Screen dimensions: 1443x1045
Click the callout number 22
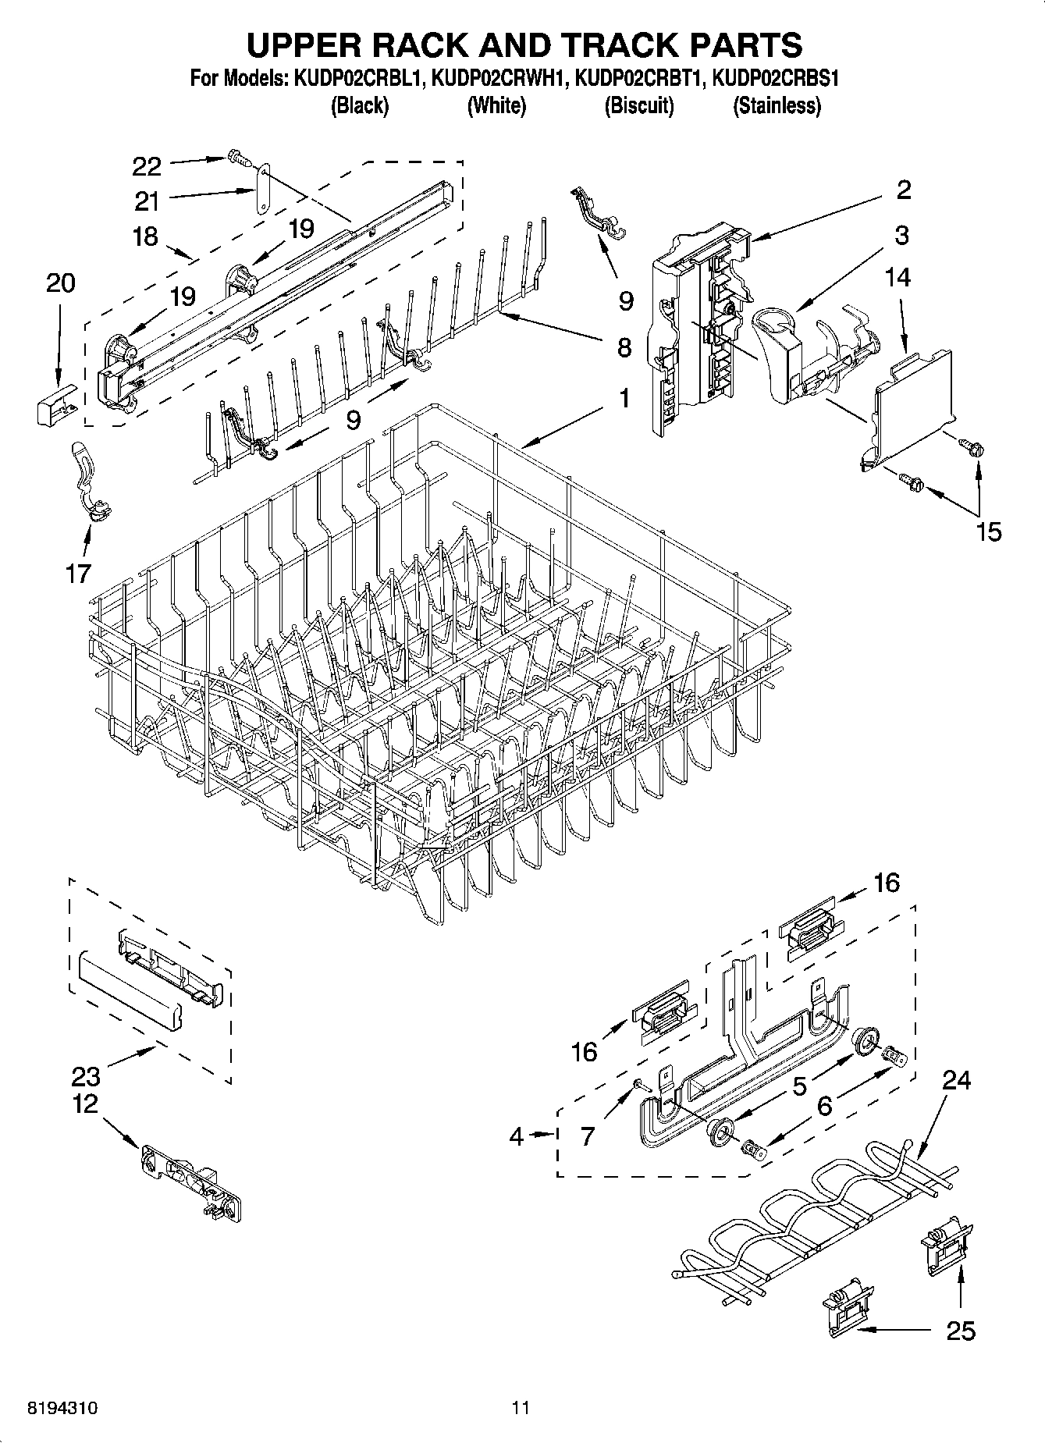point(147,166)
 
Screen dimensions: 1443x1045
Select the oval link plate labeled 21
point(263,188)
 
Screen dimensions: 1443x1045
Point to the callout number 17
point(78,574)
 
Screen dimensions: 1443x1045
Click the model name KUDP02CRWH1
point(496,78)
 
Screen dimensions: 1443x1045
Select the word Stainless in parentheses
point(777,106)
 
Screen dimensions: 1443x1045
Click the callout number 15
point(988,532)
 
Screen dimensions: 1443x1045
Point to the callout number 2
point(904,190)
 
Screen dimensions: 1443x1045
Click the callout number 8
point(624,347)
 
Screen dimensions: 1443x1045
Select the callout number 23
point(86,1077)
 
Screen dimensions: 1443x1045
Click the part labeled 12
point(192,1182)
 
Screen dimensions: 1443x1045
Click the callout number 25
point(960,1331)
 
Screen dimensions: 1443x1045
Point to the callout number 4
point(517,1136)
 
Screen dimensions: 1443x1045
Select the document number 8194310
point(62,1408)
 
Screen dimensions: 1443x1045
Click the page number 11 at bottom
point(521,1408)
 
